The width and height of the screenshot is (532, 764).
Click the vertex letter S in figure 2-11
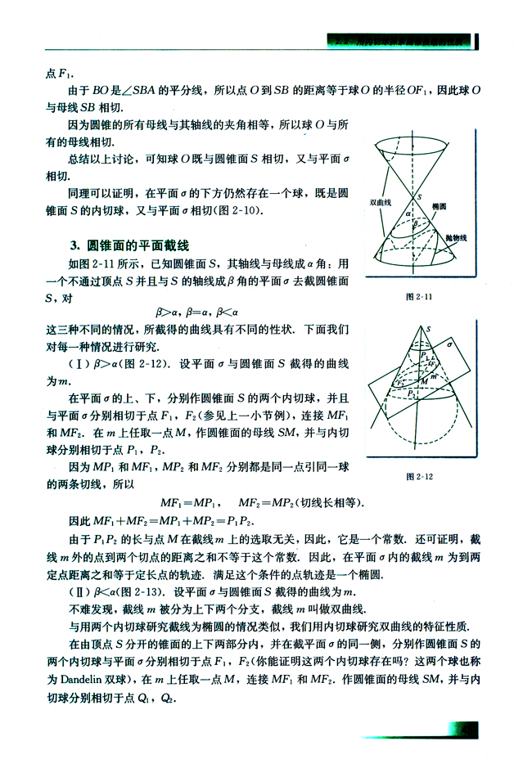pos(419,198)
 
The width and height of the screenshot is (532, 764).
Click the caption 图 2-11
pos(424,296)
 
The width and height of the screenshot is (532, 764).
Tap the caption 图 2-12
pos(424,475)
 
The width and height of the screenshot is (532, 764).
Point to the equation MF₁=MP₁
pos(189,501)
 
